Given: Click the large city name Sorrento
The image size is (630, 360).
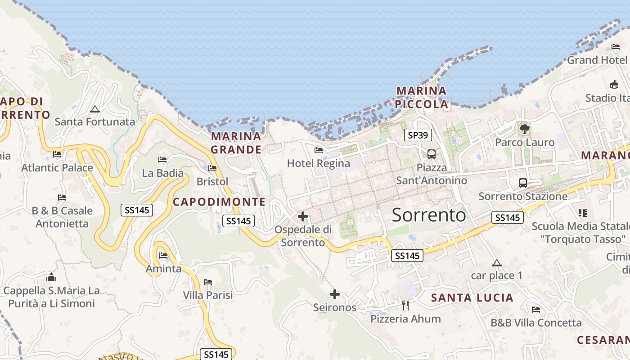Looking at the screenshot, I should click(429, 215).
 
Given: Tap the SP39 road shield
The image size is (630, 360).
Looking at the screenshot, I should click(418, 135).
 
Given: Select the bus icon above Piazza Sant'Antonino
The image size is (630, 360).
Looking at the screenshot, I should click(432, 154).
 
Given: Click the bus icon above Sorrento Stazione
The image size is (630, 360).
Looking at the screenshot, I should click(522, 183).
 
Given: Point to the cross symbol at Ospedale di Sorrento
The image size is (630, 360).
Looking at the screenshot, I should click(303, 216).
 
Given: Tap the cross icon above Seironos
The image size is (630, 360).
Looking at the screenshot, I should click(334, 294).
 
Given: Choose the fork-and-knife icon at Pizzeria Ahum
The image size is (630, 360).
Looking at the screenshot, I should click(405, 306).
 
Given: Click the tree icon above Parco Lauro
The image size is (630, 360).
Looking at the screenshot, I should click(524, 129).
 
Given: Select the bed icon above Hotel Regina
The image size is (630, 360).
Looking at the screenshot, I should click(319, 150).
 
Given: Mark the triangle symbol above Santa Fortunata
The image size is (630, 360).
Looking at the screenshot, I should click(94, 109).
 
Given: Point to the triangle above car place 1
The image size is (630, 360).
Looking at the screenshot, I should click(496, 263).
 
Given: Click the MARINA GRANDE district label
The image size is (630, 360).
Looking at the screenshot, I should click(236, 143).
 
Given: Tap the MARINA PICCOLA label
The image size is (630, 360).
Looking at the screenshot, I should click(422, 98).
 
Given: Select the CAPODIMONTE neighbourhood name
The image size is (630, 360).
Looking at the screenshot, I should click(219, 202).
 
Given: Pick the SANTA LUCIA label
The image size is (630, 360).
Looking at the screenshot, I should click(472, 297).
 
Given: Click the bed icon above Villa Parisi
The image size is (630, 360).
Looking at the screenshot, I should click(208, 282).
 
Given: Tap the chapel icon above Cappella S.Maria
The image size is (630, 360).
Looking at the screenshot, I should click(51, 277).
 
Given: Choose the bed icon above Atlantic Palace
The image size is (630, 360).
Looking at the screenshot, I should click(57, 154).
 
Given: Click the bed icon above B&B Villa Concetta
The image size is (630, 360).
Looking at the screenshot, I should click(535, 310).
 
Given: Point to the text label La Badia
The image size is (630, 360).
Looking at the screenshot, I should click(163, 173).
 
